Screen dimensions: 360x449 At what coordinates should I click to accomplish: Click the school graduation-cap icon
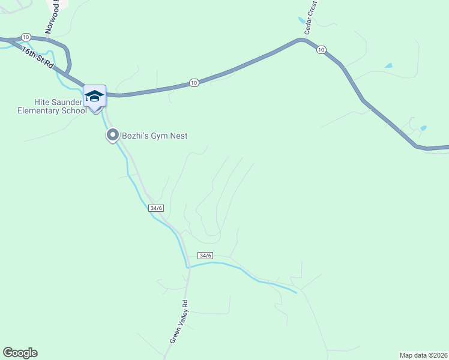click(94, 96)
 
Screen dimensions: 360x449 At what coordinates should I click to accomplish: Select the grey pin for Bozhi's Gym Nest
click(112, 136)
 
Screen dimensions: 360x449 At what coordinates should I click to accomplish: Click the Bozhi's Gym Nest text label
click(155, 136)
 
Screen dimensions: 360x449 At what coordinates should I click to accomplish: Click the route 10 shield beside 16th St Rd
click(25, 37)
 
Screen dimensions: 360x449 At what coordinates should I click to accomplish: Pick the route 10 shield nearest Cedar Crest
click(321, 49)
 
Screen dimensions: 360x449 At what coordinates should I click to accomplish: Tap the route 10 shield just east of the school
click(193, 82)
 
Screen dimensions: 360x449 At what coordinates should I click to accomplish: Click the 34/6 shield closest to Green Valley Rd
click(205, 256)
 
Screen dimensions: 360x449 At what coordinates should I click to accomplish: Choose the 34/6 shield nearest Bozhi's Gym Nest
click(156, 208)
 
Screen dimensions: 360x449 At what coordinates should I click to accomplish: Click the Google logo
click(20, 353)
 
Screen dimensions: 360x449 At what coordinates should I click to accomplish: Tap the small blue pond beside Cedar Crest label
click(301, 20)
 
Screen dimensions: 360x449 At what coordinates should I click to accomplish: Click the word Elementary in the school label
click(38, 110)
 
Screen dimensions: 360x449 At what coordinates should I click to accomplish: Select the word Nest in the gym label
click(178, 136)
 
